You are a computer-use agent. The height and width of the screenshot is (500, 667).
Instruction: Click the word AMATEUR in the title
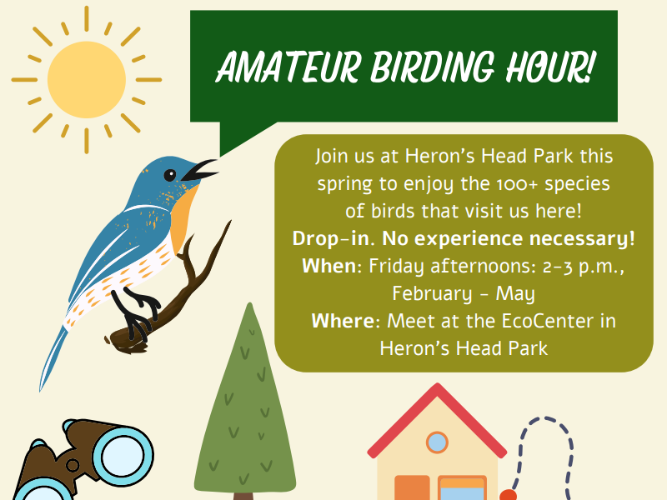[288, 67]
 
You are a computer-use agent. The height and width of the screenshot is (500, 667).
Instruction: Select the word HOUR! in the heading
[549, 67]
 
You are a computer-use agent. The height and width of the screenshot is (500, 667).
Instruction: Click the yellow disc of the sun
[87, 79]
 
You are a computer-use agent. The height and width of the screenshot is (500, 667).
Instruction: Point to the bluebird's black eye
[170, 175]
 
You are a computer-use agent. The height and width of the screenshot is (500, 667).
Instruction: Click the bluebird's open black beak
[199, 171]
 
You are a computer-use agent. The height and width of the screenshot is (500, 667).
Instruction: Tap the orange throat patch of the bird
[183, 217]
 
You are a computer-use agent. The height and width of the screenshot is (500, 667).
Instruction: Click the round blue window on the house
[437, 442]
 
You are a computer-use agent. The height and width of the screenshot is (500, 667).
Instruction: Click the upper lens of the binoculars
[123, 456]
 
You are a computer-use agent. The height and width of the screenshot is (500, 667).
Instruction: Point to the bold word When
[328, 266]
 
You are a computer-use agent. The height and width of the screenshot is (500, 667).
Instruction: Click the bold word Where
[343, 321]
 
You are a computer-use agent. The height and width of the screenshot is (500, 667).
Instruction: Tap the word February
[432, 294]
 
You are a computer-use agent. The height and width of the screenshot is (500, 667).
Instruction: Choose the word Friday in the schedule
[396, 267]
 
